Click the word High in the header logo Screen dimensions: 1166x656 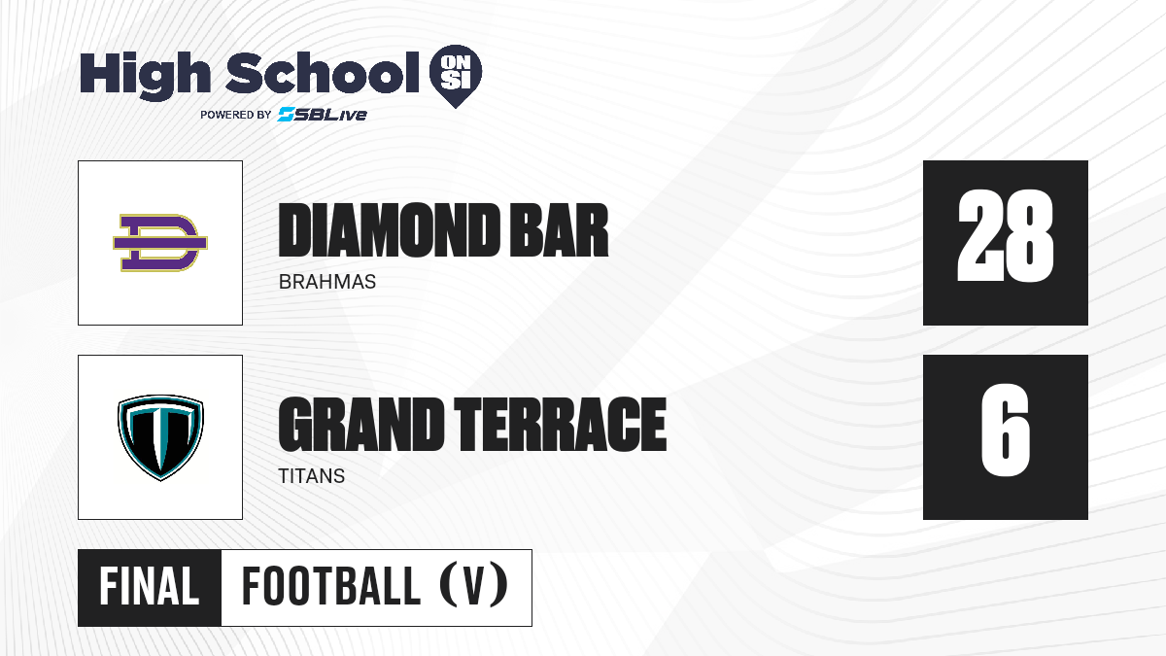145,76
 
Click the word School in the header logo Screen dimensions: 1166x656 323,73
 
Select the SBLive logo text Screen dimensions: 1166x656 323,115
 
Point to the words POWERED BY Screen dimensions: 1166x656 236,115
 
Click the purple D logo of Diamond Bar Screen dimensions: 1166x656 160,243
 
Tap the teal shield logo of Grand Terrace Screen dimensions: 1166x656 160,437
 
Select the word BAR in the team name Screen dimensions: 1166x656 559,230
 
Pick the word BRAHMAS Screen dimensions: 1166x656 327,282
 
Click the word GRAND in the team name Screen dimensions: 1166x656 360,425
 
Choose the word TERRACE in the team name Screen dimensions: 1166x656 560,425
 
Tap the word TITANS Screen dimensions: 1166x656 312,476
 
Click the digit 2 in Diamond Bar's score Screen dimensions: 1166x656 979,236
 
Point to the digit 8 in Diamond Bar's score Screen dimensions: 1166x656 1029,236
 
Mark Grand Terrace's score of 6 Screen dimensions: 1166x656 1005,430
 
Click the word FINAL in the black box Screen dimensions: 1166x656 150,587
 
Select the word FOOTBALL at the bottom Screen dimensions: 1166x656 331,587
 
